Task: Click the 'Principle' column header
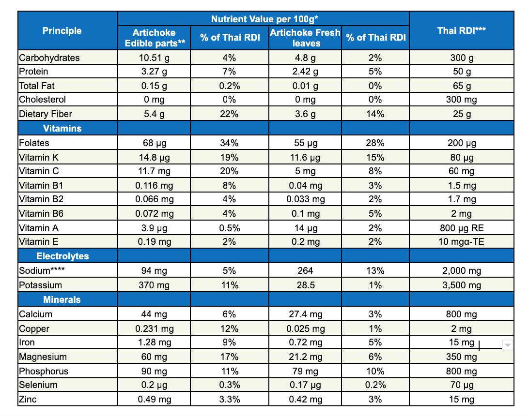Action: [62, 31]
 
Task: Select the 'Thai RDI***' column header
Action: [461, 31]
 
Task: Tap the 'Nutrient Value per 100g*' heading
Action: [264, 19]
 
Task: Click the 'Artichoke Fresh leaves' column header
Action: [305, 38]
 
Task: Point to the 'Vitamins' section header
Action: [62, 129]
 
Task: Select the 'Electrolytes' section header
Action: [62, 256]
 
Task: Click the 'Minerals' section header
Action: [62, 300]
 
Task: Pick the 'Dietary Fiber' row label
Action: [46, 114]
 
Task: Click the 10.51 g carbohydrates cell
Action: [154, 58]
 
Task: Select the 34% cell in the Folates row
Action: [229, 143]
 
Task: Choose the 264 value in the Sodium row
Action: [305, 271]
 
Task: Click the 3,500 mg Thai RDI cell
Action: [461, 285]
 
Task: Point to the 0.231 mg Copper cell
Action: [154, 329]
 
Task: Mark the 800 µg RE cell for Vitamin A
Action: [461, 228]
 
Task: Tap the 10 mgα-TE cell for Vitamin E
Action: [461, 242]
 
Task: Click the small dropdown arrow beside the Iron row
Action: [507, 344]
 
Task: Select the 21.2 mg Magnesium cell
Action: [305, 357]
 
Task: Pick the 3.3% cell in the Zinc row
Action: [229, 400]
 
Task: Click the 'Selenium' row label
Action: [38, 385]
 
